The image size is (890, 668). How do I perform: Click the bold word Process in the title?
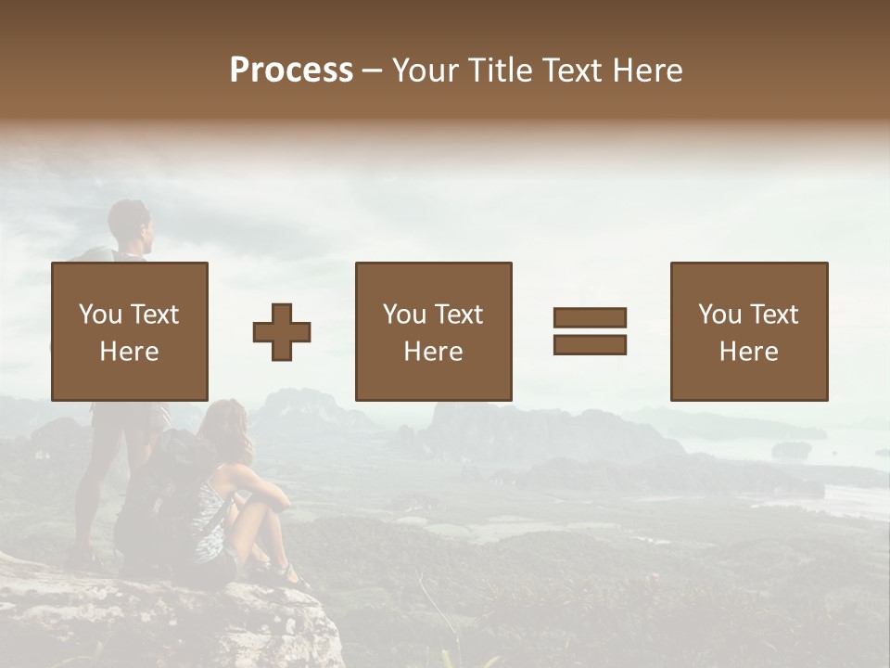point(291,71)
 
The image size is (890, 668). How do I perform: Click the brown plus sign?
point(282,331)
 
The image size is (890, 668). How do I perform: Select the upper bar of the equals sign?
point(590,317)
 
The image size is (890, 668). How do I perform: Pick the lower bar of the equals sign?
point(590,345)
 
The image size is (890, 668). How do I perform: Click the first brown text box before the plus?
point(129,331)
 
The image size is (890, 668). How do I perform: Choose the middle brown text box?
point(433,331)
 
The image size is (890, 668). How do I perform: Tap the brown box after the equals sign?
point(748,331)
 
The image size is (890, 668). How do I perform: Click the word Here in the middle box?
point(433,352)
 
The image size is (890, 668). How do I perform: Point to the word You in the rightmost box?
point(719,315)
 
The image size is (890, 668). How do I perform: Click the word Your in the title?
point(426,71)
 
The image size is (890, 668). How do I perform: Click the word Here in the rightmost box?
point(748,352)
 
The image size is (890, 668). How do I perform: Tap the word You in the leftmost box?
point(100,315)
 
